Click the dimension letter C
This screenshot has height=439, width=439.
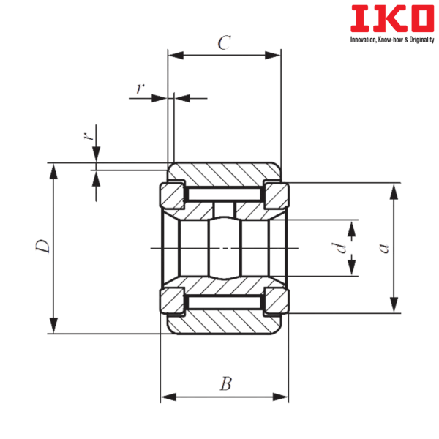(225, 43)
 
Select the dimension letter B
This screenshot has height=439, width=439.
(225, 383)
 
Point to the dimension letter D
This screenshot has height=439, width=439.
(42, 247)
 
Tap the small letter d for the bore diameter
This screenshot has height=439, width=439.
(337, 248)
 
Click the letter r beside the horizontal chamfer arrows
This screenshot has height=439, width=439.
(138, 89)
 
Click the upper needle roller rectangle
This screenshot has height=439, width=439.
(224, 194)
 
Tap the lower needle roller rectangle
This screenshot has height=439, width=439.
(224, 301)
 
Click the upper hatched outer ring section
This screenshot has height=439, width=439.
(224, 173)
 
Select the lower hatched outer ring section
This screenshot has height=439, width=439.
(224, 322)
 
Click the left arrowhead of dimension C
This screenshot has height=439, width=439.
(176, 55)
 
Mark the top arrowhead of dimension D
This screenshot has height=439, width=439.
(53, 170)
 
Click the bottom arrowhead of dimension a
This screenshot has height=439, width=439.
(394, 304)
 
